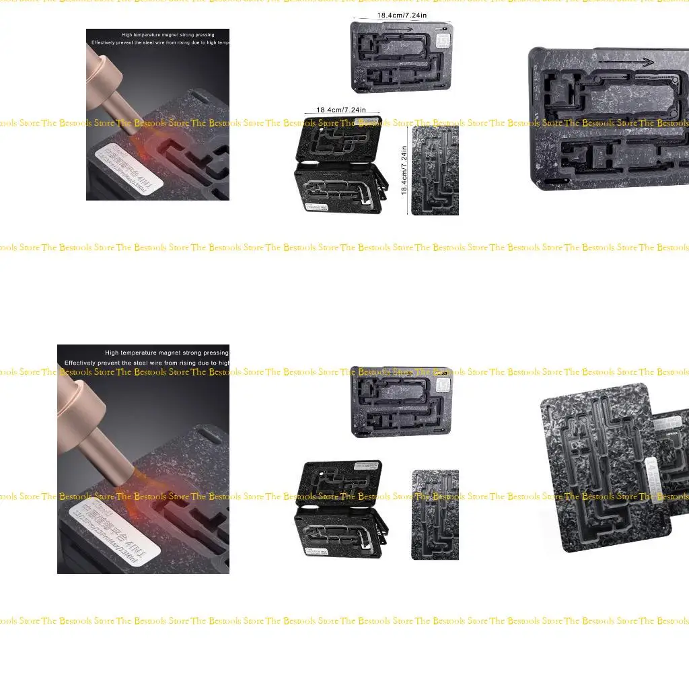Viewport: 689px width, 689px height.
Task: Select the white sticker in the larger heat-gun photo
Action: point(121,532)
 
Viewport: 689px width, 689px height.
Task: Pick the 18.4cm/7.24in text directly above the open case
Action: point(341,110)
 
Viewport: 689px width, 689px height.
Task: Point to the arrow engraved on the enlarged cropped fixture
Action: point(626,63)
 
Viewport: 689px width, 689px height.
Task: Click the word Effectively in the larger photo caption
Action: point(84,363)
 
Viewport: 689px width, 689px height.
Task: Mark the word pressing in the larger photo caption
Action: point(213,353)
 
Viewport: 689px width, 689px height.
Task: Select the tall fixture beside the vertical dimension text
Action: point(435,172)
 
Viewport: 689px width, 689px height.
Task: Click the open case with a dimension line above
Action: point(340,165)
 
